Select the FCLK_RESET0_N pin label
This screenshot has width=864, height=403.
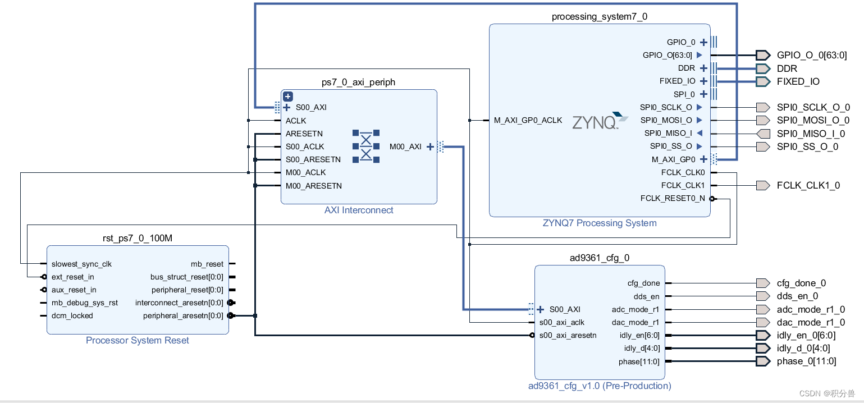pyautogui.click(x=673, y=198)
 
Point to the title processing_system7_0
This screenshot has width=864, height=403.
pyautogui.click(x=599, y=16)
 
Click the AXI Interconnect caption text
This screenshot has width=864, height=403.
pyautogui.click(x=359, y=210)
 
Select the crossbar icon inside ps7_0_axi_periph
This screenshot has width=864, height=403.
pyautogui.click(x=366, y=146)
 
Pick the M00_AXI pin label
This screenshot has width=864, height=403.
pyautogui.click(x=405, y=146)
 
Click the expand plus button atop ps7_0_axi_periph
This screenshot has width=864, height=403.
pyautogui.click(x=288, y=96)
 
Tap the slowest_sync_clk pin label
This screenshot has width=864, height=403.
pyautogui.click(x=81, y=264)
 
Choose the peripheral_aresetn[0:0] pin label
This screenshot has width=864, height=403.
pyautogui.click(x=183, y=315)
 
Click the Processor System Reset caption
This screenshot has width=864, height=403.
pyautogui.click(x=138, y=340)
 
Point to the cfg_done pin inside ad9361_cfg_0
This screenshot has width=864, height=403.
pyautogui.click(x=643, y=283)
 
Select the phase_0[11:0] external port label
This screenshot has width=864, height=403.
pyautogui.click(x=806, y=361)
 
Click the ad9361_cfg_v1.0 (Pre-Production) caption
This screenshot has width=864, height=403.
pyautogui.click(x=600, y=386)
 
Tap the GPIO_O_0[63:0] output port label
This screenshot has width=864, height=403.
pyautogui.click(x=812, y=55)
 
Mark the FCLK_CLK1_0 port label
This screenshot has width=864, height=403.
pyautogui.click(x=808, y=185)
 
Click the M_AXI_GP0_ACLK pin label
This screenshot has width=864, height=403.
pyautogui.click(x=528, y=120)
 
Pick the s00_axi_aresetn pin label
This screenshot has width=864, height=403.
pyautogui.click(x=568, y=335)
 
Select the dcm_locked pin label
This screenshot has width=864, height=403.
pyautogui.click(x=72, y=315)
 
